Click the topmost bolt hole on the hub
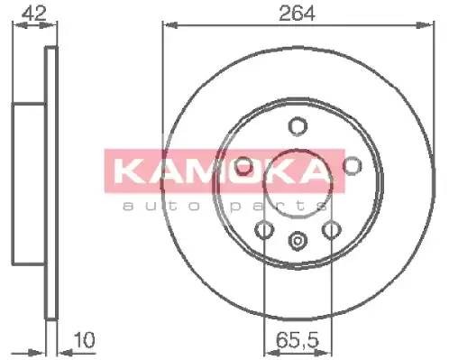(x=297, y=127)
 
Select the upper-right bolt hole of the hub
(x=351, y=164)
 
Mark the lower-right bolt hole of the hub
(x=331, y=230)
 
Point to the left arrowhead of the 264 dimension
(x=168, y=25)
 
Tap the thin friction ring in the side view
(x=51, y=180)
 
